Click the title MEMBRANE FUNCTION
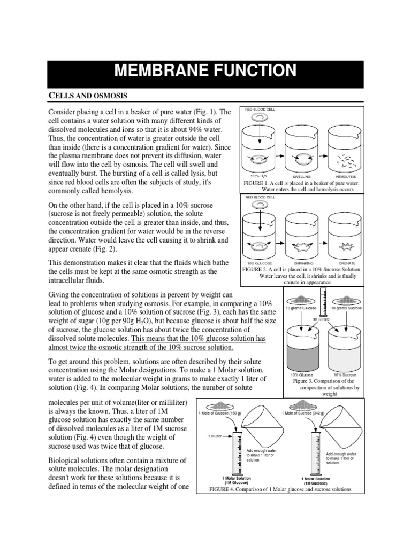[x=205, y=71]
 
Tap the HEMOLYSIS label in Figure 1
[x=345, y=176]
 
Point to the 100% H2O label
[x=258, y=176]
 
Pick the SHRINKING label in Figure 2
[x=303, y=263]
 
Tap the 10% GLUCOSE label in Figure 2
[x=260, y=263]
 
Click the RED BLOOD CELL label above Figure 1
[x=260, y=109]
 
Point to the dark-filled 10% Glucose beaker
[x=302, y=353]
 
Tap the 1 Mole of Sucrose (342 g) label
[x=302, y=412]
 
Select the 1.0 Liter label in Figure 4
[x=215, y=436]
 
